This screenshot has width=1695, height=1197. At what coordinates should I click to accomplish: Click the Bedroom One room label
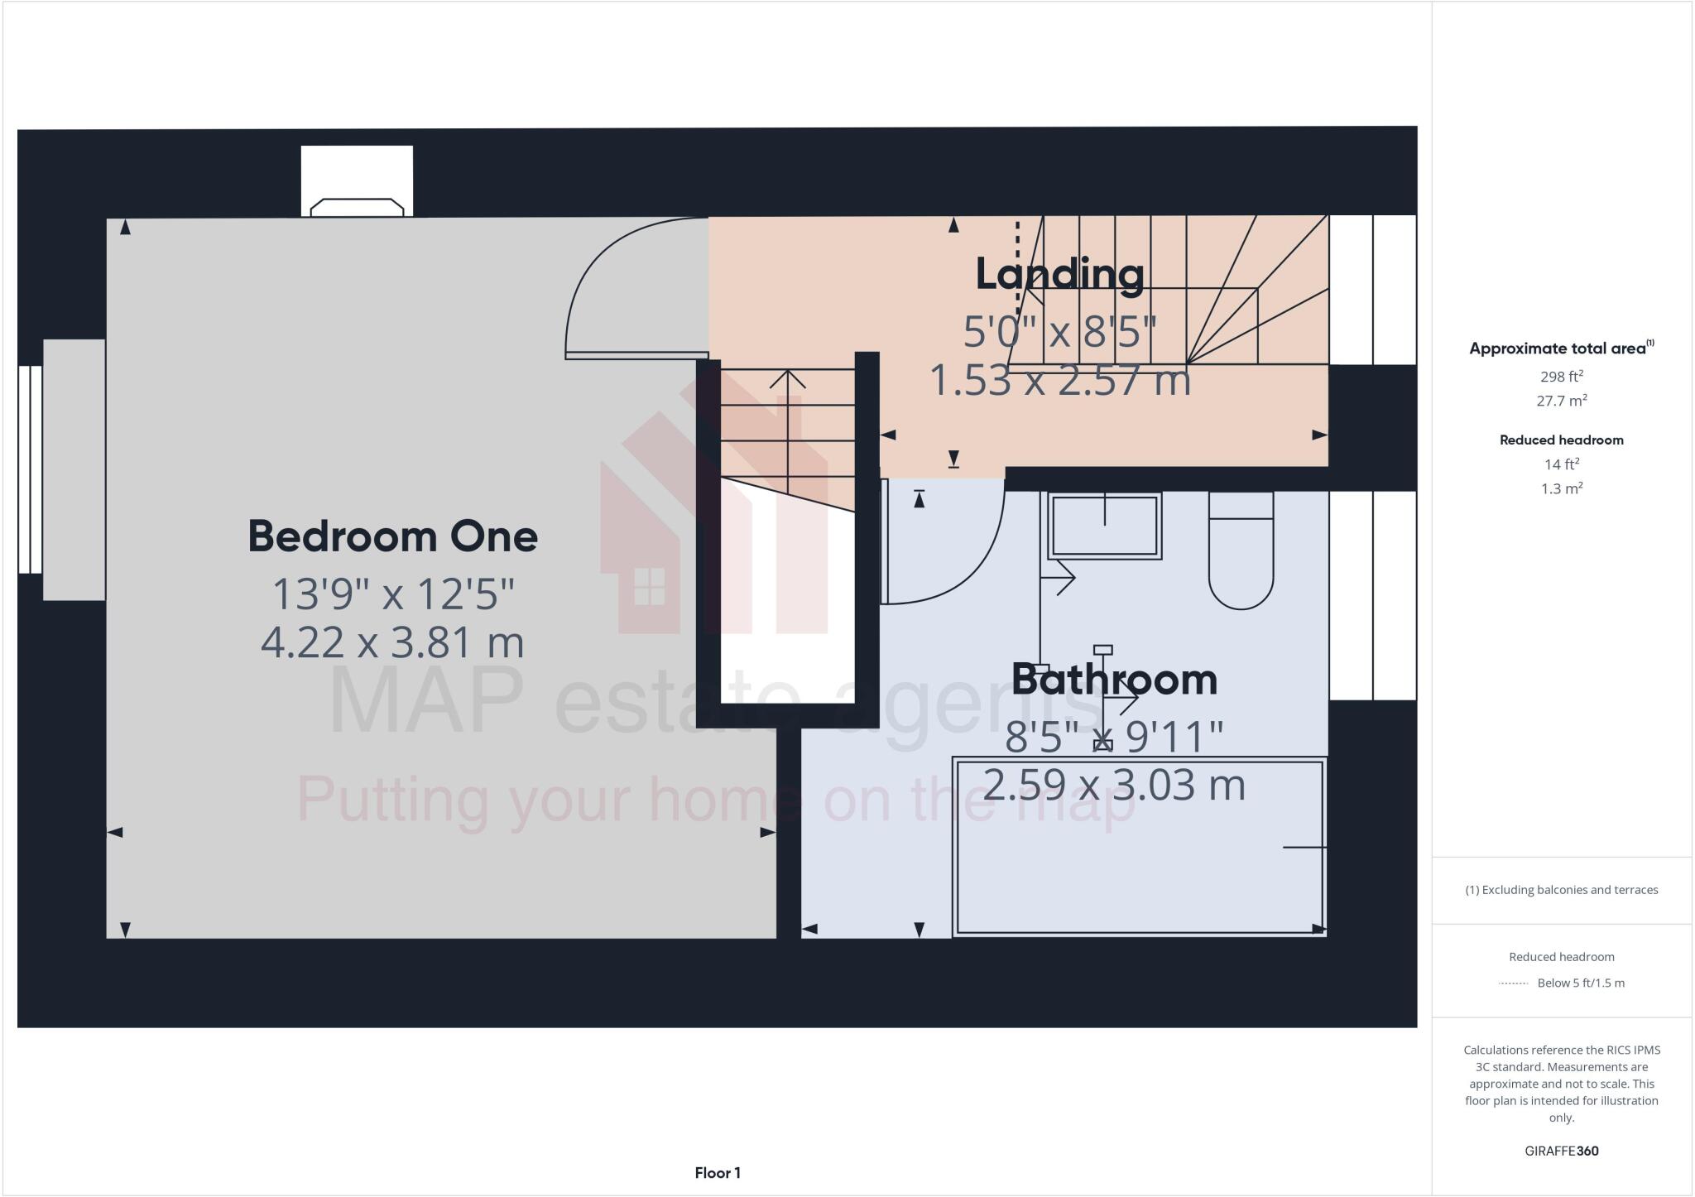tap(392, 536)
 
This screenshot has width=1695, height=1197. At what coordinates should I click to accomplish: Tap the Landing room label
tap(1059, 274)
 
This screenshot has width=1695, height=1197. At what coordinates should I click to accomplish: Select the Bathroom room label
tap(1114, 680)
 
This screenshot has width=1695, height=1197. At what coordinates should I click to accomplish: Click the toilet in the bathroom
tap(1241, 551)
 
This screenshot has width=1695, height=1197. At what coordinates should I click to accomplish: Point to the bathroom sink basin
tap(1105, 526)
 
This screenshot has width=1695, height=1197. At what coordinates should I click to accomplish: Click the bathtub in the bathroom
tap(1140, 847)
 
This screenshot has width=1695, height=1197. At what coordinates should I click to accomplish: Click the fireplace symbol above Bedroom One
tap(357, 206)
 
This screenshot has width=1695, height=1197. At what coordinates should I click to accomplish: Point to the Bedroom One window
tap(31, 469)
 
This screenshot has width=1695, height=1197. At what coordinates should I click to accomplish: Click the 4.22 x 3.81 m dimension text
tap(392, 642)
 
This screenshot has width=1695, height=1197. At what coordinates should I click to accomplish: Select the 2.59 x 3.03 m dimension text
tap(1114, 785)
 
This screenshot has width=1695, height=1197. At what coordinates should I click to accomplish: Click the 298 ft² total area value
tap(1561, 377)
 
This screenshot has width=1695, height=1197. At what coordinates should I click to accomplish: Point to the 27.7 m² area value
tap(1561, 401)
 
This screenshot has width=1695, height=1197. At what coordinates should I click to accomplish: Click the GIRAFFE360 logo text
tap(1561, 1151)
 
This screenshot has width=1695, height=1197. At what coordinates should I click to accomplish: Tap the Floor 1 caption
tap(718, 1173)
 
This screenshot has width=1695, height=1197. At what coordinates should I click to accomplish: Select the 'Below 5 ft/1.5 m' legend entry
tap(1580, 983)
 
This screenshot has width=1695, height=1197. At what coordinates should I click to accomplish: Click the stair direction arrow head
tap(788, 378)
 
